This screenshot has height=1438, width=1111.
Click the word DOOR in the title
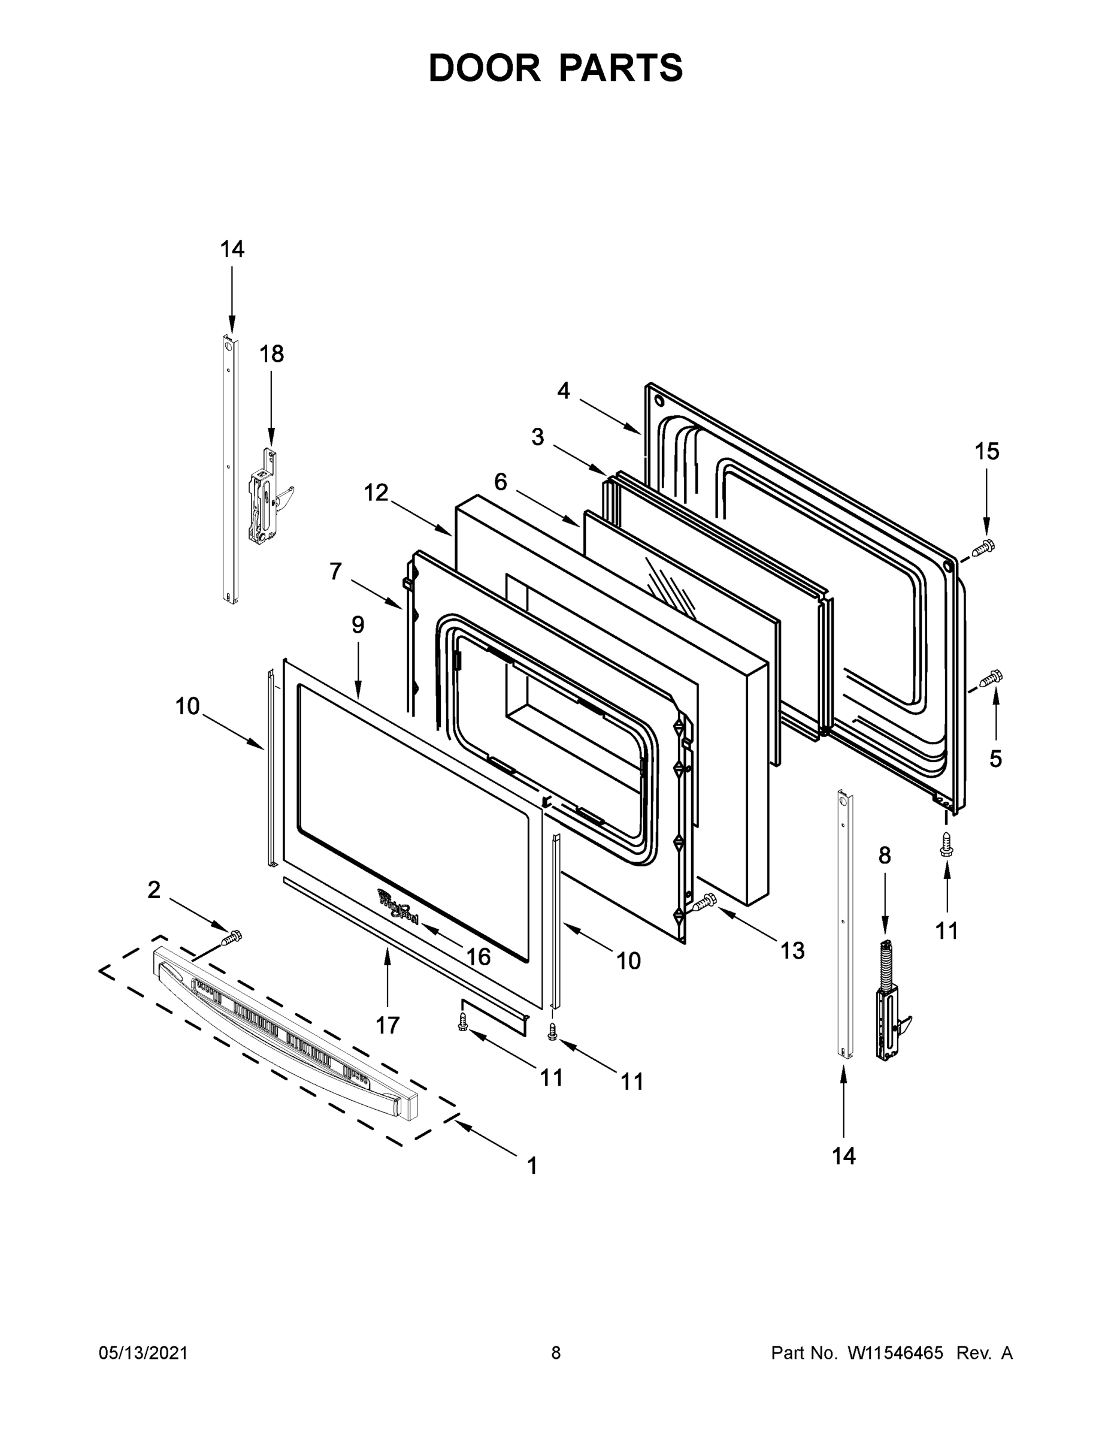[484, 68]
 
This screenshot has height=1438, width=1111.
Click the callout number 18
[271, 354]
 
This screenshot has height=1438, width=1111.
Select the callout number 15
[986, 451]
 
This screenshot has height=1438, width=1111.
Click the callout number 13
[792, 950]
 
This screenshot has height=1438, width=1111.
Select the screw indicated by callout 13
[703, 902]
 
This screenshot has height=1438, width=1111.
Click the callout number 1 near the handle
[532, 1165]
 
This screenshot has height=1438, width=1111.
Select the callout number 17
[388, 1025]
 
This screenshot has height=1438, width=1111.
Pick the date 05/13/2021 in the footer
[144, 1352]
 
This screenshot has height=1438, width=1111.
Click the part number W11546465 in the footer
[895, 1352]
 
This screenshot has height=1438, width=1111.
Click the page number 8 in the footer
[556, 1352]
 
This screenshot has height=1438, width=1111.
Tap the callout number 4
[564, 391]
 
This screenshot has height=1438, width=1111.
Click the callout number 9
[358, 624]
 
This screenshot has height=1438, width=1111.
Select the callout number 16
[479, 957]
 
